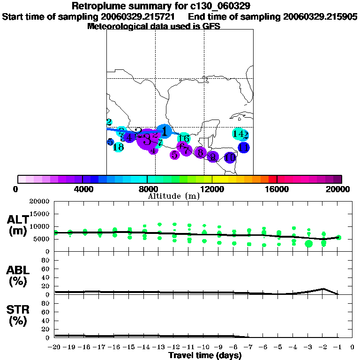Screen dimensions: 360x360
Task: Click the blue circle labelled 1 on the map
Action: pos(164,131)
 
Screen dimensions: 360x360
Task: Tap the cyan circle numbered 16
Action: pos(184,138)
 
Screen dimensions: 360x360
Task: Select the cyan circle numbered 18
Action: pos(118,147)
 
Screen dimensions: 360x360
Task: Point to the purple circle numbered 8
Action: pos(200,152)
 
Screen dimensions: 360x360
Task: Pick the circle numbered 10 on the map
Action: pos(230,157)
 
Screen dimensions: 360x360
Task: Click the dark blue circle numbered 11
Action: pos(243,148)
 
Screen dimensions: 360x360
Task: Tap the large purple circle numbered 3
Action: pos(147,139)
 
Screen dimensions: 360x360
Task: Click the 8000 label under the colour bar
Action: pos(147,189)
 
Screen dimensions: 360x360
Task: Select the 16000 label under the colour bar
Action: pos(277,189)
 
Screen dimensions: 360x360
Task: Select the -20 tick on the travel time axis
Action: pos(55,347)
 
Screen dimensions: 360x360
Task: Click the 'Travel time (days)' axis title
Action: pos(205,355)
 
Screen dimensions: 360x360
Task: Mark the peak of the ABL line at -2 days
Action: pos(323,289)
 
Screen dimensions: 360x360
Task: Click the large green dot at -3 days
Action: pos(308,243)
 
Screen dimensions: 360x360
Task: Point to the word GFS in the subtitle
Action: pos(212,26)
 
